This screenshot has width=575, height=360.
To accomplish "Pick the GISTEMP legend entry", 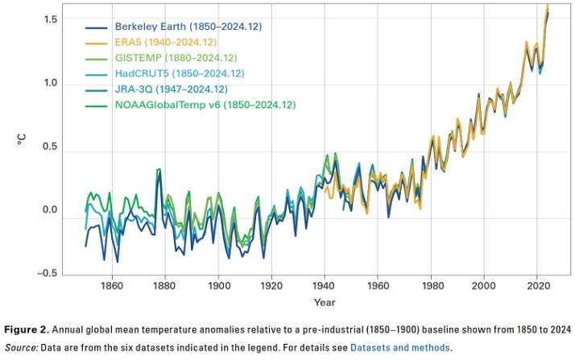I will tap(180, 58).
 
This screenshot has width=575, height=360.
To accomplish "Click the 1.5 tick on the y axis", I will tap(52, 19).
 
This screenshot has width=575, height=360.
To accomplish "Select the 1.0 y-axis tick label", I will tap(52, 83).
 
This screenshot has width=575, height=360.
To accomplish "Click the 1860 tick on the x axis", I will tap(111, 285).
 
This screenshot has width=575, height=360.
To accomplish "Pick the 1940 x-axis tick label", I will tap(325, 285).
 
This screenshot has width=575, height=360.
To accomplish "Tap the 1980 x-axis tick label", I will tap(432, 285).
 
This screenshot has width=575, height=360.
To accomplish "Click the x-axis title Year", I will tap(325, 302).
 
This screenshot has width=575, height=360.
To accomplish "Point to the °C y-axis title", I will tap(22, 139).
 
